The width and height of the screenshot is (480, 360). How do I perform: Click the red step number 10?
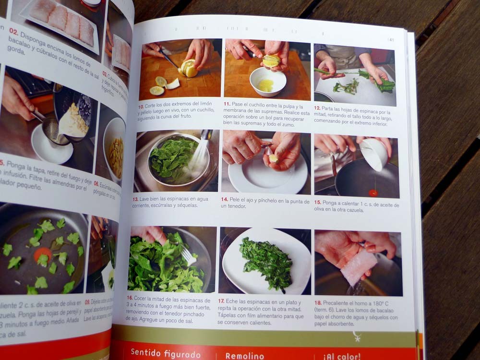(141, 106)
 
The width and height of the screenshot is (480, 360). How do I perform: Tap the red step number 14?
(224, 199)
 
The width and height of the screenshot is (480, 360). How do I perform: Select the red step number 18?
(318, 303)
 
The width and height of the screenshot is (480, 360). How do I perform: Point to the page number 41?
(391, 40)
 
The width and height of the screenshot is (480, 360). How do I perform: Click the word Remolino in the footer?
(245, 356)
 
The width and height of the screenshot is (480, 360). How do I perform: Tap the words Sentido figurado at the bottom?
(166, 354)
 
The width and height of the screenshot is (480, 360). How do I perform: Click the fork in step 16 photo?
(188, 257)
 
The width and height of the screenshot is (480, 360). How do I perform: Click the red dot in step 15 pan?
(373, 192)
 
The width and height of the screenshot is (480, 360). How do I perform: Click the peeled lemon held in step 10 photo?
(188, 68)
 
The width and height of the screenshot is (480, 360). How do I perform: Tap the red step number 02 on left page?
(13, 33)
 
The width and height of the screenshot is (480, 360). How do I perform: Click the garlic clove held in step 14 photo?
(273, 158)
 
